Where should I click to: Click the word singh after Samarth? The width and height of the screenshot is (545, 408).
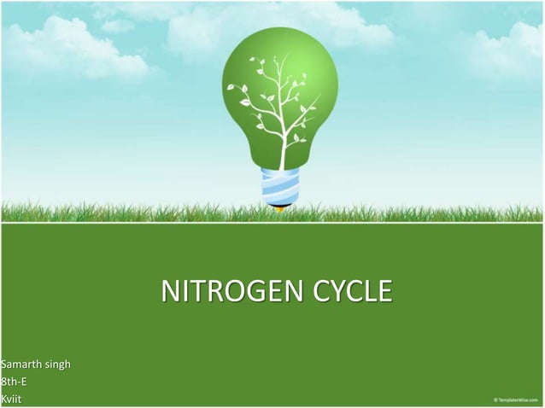coord(56,366)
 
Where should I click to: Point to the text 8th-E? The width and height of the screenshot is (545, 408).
coord(14,382)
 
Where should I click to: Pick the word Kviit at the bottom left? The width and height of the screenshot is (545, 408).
coord(12,399)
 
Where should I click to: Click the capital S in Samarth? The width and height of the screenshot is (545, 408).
coord(3,366)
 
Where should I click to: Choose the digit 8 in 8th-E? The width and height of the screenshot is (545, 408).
coord(3,382)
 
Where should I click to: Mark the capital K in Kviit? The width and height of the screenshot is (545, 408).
coord(3,399)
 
